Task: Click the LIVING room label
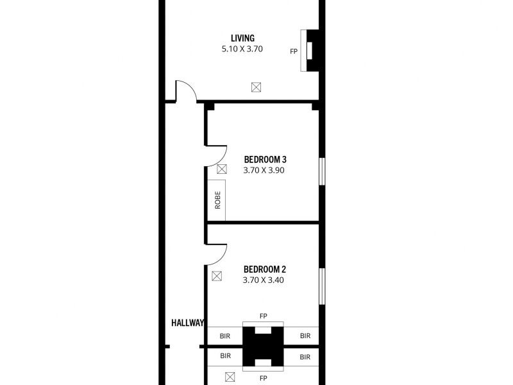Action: click(x=243, y=38)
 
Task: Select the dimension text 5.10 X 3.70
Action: click(x=243, y=49)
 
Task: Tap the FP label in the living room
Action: click(x=294, y=51)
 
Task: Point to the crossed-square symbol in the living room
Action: click(x=256, y=87)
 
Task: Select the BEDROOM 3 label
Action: click(x=264, y=159)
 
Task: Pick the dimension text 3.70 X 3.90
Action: click(x=264, y=171)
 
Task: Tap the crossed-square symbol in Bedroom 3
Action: click(x=222, y=169)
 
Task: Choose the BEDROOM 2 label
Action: click(x=264, y=269)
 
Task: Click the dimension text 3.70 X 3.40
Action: click(x=264, y=280)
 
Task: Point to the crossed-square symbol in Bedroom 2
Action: click(x=217, y=277)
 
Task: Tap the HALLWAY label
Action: click(x=187, y=323)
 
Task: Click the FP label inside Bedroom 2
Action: click(x=263, y=316)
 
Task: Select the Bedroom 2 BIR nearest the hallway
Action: click(x=225, y=336)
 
